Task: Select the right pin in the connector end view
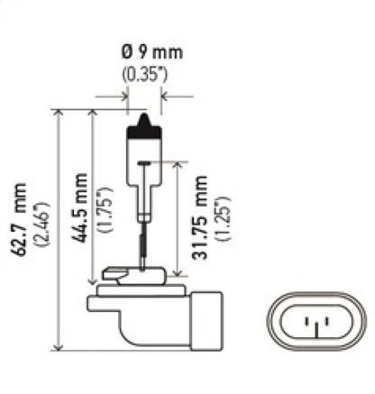321,321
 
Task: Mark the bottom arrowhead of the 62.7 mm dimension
59,347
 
